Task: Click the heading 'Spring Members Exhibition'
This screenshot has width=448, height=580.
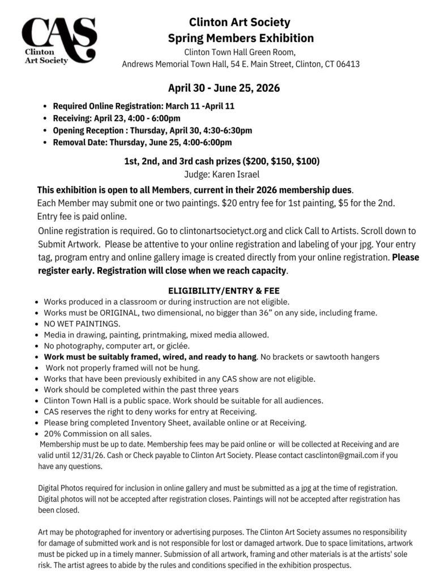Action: (x=241, y=39)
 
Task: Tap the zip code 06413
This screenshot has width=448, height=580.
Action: (x=347, y=64)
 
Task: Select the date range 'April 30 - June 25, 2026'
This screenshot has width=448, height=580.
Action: (x=224, y=88)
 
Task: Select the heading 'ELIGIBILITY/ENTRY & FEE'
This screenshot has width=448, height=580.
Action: (x=224, y=291)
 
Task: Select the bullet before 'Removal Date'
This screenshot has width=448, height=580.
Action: (x=45, y=143)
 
